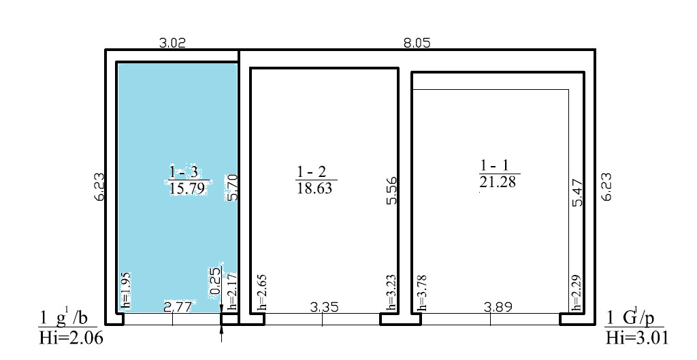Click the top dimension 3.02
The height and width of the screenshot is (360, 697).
coord(172,43)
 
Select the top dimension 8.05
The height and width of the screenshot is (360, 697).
coord(417,43)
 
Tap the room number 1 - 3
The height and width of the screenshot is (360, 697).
coord(184,172)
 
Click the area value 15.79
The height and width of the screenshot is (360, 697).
coord(187,189)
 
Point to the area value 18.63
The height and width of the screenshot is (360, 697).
coord(314,188)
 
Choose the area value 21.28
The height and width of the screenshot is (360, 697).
coord(498,181)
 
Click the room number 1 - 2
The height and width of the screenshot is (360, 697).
coord(310,172)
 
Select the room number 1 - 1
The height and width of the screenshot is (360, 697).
coord(494,166)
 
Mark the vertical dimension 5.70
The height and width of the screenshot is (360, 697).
coord(233,188)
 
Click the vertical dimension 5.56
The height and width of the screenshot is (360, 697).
coord(391,191)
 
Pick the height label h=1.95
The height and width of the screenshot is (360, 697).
coord(125,290)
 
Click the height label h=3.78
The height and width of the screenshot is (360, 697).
coord(423,292)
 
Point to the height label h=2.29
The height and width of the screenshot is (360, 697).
coord(577,292)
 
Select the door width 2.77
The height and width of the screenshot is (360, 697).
coord(178,306)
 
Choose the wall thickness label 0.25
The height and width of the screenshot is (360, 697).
coord(215,280)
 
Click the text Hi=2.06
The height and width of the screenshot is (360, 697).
coord(71,338)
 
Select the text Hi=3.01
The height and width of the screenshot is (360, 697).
coord(637,338)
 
